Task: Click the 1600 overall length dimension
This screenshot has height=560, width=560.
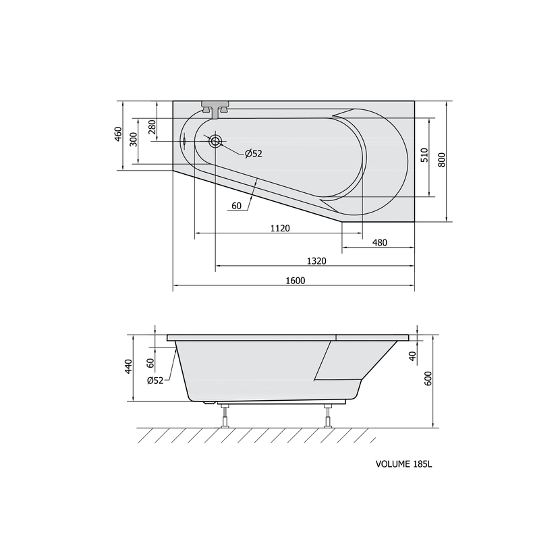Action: coord(296,281)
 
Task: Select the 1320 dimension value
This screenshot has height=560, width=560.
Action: coord(316,261)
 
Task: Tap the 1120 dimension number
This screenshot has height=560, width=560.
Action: coord(280,228)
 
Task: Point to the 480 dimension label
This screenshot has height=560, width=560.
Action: coord(380,243)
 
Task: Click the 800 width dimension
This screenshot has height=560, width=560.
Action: coord(442,160)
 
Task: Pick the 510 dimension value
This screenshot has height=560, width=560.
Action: coord(424,155)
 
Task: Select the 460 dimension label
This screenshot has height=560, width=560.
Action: coord(119,134)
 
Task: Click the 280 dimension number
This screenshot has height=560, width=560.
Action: coord(152,127)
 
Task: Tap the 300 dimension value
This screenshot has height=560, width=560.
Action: coord(133,139)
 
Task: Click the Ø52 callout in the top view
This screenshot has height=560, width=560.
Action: coord(254,154)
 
